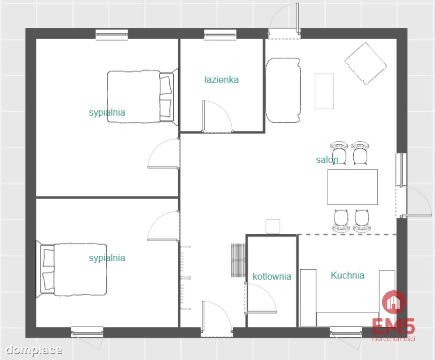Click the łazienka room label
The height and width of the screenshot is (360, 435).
point(221,80)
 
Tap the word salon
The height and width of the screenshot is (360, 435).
point(327,160)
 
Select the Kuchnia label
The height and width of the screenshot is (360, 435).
point(348,275)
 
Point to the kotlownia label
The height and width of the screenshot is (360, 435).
point(272,276)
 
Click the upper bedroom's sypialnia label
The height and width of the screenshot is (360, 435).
point(107,112)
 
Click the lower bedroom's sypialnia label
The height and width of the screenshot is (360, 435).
point(107,258)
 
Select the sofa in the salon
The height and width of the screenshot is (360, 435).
point(283,90)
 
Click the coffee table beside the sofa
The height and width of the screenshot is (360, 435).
point(324,91)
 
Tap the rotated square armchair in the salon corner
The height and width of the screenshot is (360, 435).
point(366,63)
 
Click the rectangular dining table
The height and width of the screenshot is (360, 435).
point(352,187)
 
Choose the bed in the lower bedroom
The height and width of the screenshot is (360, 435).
point(72,269)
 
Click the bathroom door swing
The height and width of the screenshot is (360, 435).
point(217,116)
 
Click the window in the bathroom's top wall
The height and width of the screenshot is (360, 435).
point(220,35)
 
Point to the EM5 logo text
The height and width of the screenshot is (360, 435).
point(393,327)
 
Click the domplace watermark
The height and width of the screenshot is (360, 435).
point(34,350)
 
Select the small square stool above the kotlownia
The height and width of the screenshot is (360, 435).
point(273,226)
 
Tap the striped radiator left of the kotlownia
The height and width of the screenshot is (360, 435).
point(238,260)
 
